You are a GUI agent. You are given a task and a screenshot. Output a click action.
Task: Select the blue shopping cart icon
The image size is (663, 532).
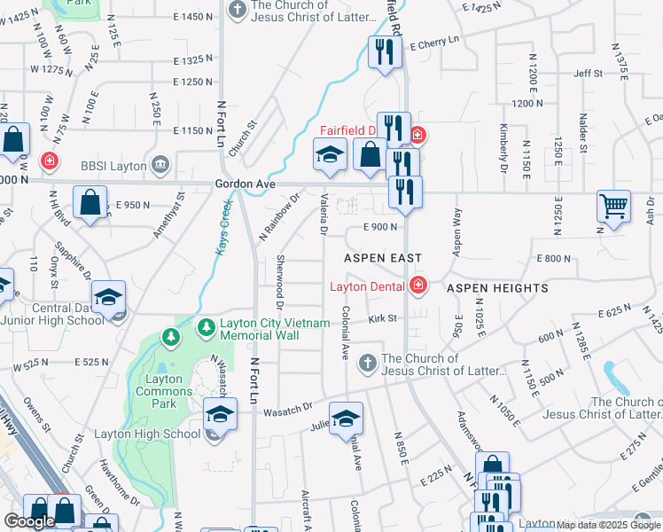(613, 206)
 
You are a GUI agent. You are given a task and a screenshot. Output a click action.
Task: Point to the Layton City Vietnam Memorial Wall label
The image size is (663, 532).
(274, 329)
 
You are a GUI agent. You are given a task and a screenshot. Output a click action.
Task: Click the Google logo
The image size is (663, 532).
(29, 521)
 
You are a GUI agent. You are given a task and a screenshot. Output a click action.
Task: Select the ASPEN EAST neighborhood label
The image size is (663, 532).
(383, 257)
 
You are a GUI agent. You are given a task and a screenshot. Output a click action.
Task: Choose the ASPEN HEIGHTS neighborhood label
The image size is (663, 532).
(497, 288)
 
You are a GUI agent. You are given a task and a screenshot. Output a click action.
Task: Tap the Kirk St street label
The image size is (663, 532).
(384, 317)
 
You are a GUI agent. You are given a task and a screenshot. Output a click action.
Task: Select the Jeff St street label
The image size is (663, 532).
(589, 74)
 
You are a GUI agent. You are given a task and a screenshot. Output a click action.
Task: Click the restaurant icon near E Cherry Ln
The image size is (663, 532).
(385, 51)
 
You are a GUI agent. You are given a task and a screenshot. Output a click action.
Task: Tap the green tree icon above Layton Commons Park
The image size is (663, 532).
(169, 336)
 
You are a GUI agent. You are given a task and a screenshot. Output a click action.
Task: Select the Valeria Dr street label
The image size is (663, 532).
(324, 215)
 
